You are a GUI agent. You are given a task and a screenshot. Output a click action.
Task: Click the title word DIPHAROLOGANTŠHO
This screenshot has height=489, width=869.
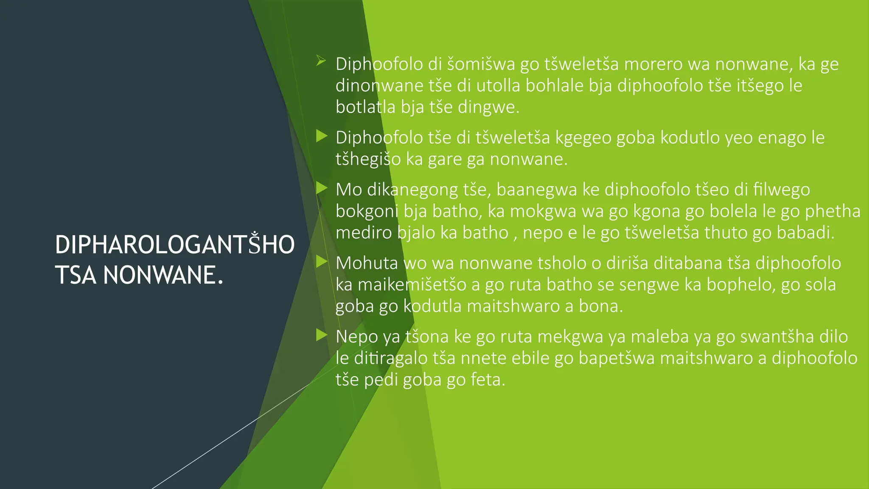coord(174,245)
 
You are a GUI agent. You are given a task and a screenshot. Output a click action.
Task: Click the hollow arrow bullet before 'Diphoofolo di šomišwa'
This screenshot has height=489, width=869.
coord(321,61)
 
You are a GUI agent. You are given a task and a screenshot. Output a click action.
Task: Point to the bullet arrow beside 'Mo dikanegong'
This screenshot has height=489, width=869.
coord(322,188)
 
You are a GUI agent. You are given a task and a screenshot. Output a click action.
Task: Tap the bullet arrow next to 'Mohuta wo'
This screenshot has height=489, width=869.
coord(322,261)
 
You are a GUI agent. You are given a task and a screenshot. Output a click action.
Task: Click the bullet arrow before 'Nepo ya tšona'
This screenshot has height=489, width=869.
coord(322,335)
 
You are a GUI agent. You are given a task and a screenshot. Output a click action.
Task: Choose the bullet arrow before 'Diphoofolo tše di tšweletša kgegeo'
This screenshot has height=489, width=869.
coord(322,136)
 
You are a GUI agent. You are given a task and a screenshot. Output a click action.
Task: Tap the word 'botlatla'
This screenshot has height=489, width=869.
coord(365,107)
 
